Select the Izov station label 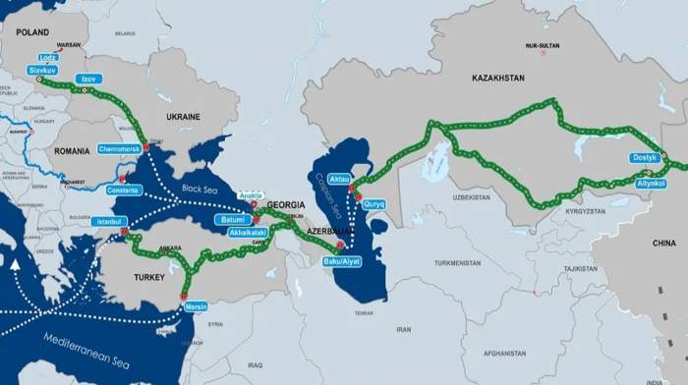click(89, 79)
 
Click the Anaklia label click(253, 193)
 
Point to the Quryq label click(374, 203)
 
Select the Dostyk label click(644, 158)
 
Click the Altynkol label click(651, 184)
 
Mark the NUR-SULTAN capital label click(544, 46)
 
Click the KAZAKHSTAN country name click(497, 78)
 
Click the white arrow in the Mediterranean click(15, 263)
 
